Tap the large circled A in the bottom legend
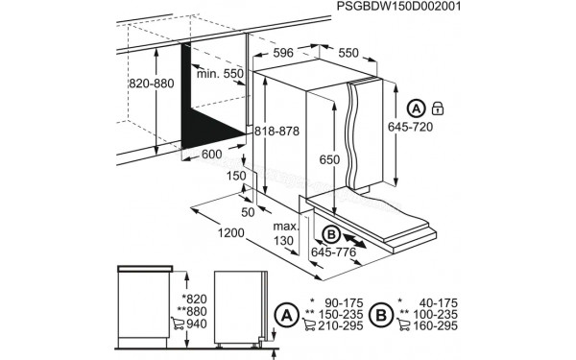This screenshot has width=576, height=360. pos(285,313)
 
